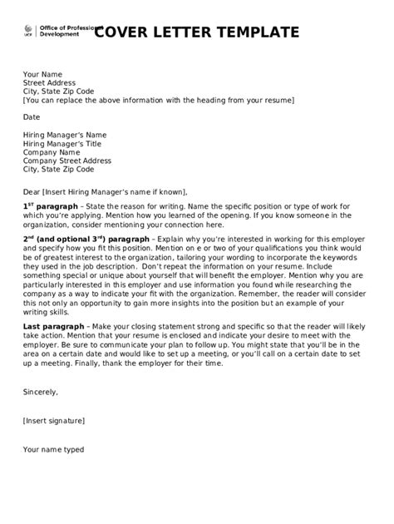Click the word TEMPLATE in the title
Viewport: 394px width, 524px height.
click(x=249, y=33)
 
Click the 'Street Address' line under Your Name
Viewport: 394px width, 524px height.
click(x=49, y=83)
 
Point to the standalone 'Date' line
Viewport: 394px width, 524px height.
click(x=32, y=117)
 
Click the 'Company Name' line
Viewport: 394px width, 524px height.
click(x=52, y=153)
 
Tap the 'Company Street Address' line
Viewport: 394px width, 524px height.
click(x=67, y=161)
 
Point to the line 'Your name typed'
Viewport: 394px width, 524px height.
click(x=53, y=450)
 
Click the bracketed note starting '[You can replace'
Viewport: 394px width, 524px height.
click(x=158, y=100)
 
